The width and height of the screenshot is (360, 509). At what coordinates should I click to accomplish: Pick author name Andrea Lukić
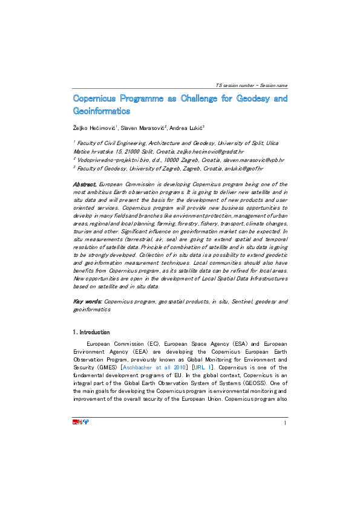pyautogui.click(x=186, y=128)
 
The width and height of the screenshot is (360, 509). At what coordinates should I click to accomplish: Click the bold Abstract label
pyautogui.click(x=85, y=184)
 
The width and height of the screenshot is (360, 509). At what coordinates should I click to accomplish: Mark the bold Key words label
pyautogui.click(x=87, y=301)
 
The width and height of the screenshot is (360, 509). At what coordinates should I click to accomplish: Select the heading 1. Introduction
pyautogui.click(x=92, y=332)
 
